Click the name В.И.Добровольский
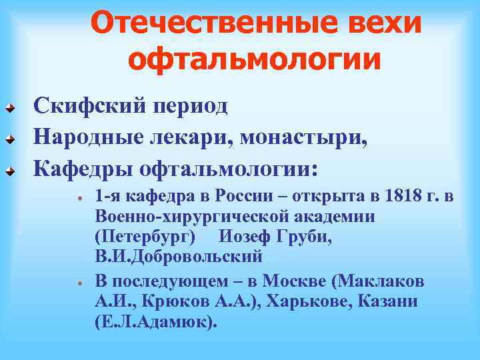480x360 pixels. click(x=179, y=257)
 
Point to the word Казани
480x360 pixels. click(x=387, y=301)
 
